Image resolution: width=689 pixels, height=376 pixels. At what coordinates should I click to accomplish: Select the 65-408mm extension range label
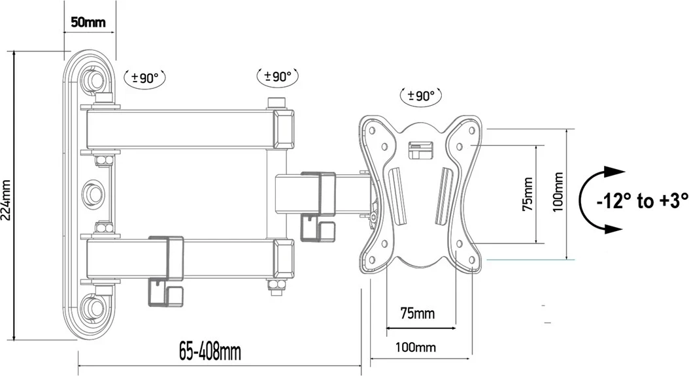point(210,352)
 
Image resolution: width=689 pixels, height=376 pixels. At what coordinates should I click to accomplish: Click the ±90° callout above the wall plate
point(145,78)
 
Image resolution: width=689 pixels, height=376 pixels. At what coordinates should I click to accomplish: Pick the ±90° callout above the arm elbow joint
point(277,76)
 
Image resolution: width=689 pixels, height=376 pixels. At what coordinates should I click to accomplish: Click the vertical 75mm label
point(528,194)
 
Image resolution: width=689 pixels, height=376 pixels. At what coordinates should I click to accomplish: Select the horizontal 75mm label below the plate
point(417,313)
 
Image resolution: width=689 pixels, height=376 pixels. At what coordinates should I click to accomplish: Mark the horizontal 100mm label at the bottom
point(416,347)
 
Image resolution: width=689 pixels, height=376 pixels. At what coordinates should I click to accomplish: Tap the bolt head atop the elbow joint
point(277,102)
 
